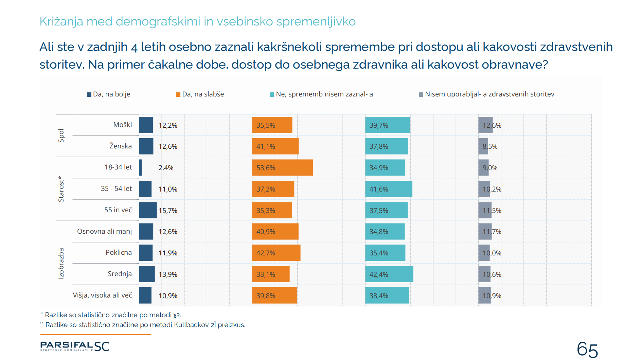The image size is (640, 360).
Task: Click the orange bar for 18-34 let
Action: tap(282, 167)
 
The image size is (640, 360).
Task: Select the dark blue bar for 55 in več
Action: tap(148, 210)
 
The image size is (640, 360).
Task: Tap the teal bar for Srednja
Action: tap(389, 274)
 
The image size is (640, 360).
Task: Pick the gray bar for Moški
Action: tap(485, 125)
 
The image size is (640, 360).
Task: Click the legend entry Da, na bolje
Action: tap(109, 94)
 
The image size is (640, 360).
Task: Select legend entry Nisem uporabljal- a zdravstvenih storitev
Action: tap(486, 94)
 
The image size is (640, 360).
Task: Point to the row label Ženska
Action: tap(120, 146)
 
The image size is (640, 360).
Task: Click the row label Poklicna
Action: tap(119, 252)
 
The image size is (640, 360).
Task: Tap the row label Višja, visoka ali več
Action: tap(102, 295)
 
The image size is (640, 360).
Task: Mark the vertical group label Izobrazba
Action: tap(61, 263)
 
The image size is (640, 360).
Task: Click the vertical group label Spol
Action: tap(61, 136)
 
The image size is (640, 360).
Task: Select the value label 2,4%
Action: tap(166, 168)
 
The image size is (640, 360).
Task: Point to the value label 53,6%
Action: tap(266, 168)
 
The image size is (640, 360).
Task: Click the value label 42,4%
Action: tap(378, 274)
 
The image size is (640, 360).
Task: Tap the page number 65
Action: tap(587, 349)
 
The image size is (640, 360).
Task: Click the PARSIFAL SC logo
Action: tap(75, 346)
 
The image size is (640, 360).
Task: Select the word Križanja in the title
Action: tap(61, 21)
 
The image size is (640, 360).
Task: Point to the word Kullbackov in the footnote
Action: tap(191, 325)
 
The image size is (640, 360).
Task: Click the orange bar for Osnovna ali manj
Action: tap(275, 231)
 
